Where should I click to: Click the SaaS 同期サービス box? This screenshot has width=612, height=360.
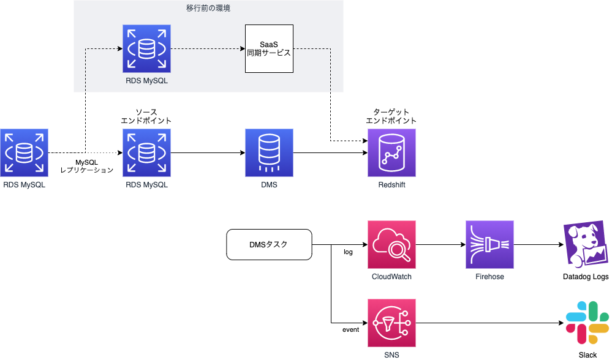tap(269, 49)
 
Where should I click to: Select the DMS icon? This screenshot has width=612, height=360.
tap(269, 152)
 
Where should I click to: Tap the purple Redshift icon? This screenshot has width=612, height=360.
tap(391, 152)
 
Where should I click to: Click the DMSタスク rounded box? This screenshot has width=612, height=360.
tap(269, 245)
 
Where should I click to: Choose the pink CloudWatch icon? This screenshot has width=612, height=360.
tap(391, 245)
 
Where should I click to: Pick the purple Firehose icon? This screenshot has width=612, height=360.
tap(489, 245)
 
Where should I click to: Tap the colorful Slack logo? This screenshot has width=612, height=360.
tap(587, 323)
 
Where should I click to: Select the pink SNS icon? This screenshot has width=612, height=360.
tap(391, 323)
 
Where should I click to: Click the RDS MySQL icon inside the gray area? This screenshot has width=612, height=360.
tap(146, 49)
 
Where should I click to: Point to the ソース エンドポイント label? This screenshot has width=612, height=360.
tap(146, 116)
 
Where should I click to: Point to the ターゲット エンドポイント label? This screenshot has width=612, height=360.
tap(391, 116)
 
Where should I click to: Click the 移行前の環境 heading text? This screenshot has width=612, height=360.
tap(208, 9)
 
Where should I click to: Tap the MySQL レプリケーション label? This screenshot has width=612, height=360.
tap(86, 165)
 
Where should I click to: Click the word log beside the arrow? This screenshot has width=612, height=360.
tap(349, 252)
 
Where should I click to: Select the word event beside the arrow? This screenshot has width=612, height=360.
tap(350, 331)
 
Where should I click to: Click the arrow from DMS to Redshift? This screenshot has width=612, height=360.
tap(330, 152)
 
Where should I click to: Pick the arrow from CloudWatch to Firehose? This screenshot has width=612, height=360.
tap(440, 245)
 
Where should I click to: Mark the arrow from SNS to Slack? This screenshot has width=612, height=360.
tap(489, 323)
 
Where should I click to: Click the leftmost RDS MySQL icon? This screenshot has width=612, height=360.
tap(24, 152)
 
